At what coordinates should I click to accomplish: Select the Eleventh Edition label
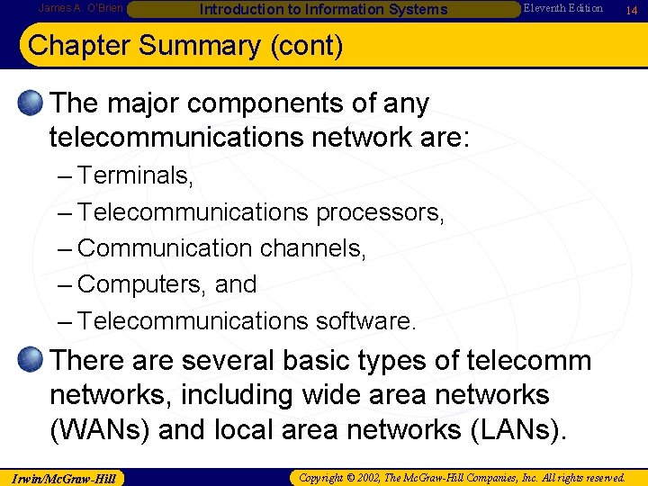coord(563,8)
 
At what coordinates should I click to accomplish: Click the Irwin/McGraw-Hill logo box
coord(63,476)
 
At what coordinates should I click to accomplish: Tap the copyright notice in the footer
coord(462,476)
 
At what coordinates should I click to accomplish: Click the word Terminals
coord(136,175)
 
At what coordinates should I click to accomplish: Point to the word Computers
coord(142,284)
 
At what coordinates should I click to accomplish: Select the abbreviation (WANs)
coord(99,429)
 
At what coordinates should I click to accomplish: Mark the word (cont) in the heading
coord(307,46)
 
